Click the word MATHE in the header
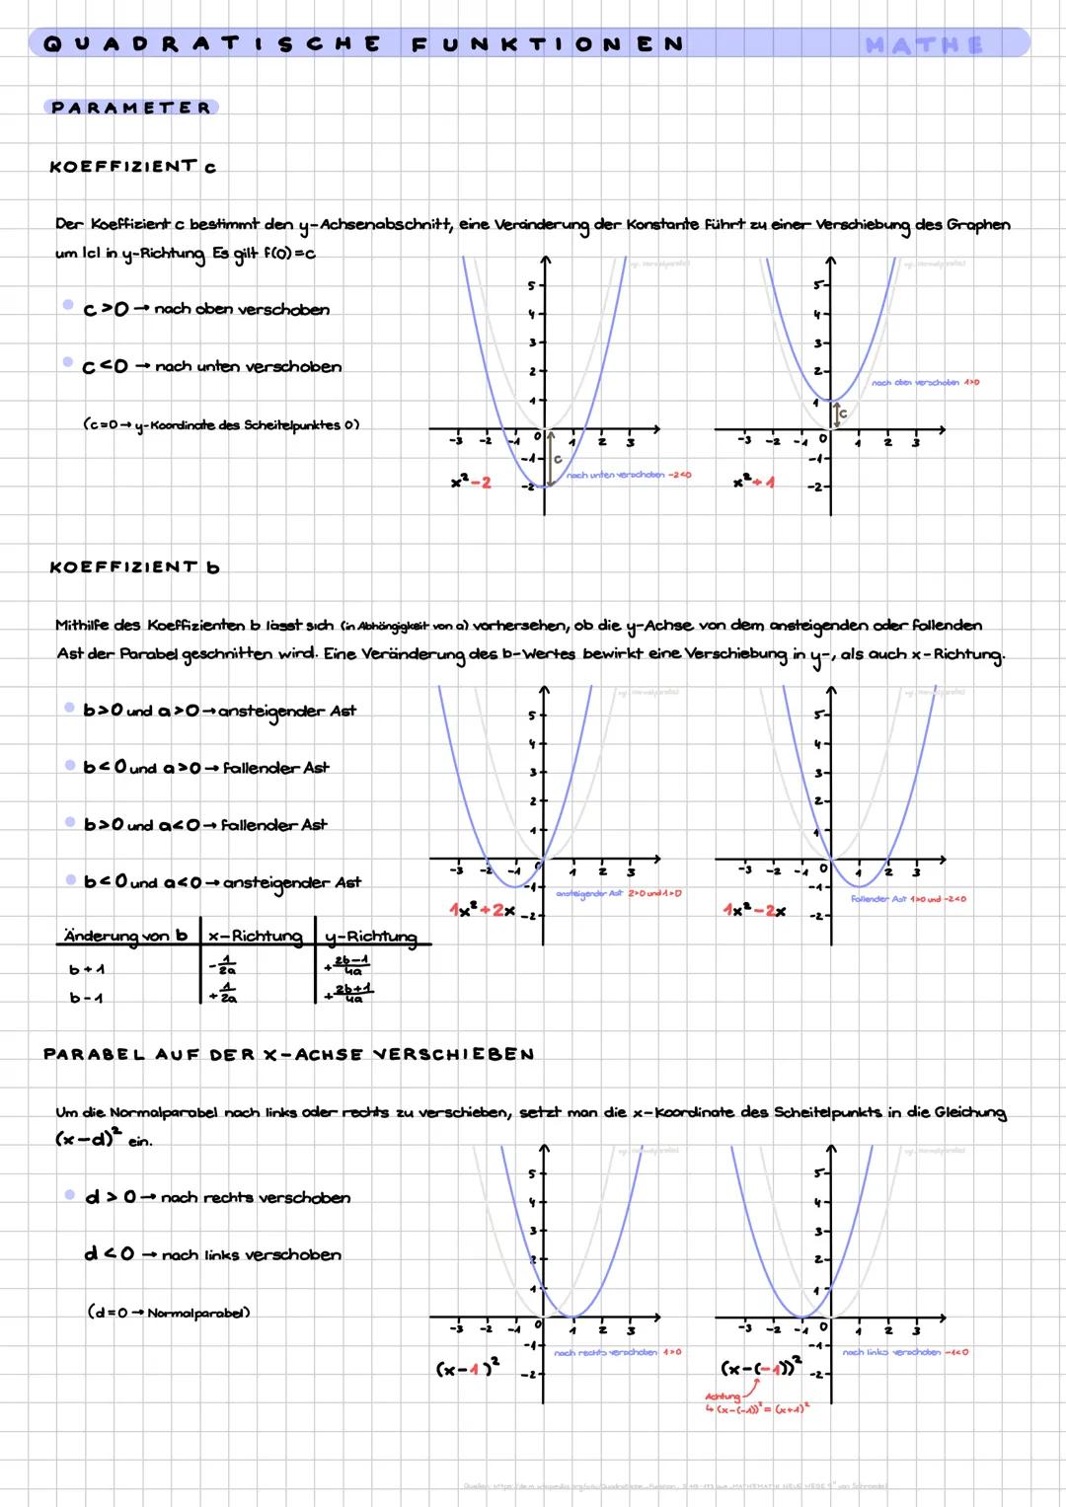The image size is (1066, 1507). tap(924, 44)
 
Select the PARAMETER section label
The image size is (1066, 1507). tap(131, 108)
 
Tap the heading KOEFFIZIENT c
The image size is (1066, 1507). tap(133, 167)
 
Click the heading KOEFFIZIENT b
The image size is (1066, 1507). tap(134, 567)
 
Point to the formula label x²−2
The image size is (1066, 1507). tap(471, 483)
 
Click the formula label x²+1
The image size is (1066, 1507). tap(754, 483)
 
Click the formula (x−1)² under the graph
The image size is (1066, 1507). tap(468, 1369)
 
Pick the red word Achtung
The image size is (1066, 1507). tap(723, 1396)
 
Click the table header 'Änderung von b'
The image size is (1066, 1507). tap(124, 935)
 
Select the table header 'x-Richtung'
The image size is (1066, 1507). tap(255, 935)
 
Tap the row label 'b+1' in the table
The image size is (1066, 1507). tap(87, 970)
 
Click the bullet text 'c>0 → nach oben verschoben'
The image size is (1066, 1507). tap(206, 310)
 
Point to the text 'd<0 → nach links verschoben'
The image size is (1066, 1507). tap(213, 1255)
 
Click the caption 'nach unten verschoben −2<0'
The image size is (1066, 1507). tap(629, 476)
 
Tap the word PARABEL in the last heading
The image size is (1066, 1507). tap(94, 1054)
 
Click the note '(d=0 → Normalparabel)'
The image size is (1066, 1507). tap(169, 1313)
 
